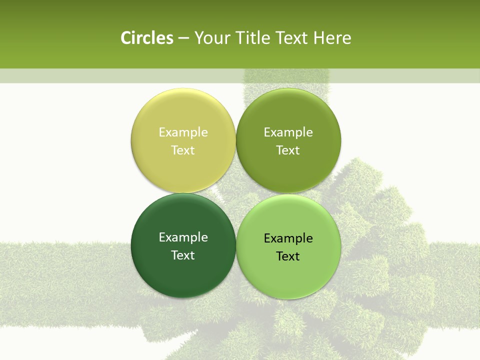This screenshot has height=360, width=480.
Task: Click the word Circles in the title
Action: point(147,38)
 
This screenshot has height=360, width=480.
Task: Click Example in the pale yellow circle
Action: point(183,132)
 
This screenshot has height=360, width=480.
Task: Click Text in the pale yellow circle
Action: point(183,150)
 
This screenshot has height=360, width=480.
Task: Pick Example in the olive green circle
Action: point(288,132)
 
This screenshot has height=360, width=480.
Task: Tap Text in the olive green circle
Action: point(288,150)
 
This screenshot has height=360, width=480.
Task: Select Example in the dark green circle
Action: point(183,237)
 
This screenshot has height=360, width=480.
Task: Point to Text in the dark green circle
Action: point(183,255)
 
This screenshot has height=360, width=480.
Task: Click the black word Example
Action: point(288,238)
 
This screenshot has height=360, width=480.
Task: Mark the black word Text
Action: point(288,256)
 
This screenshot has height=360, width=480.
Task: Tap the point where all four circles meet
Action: point(236,193)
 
